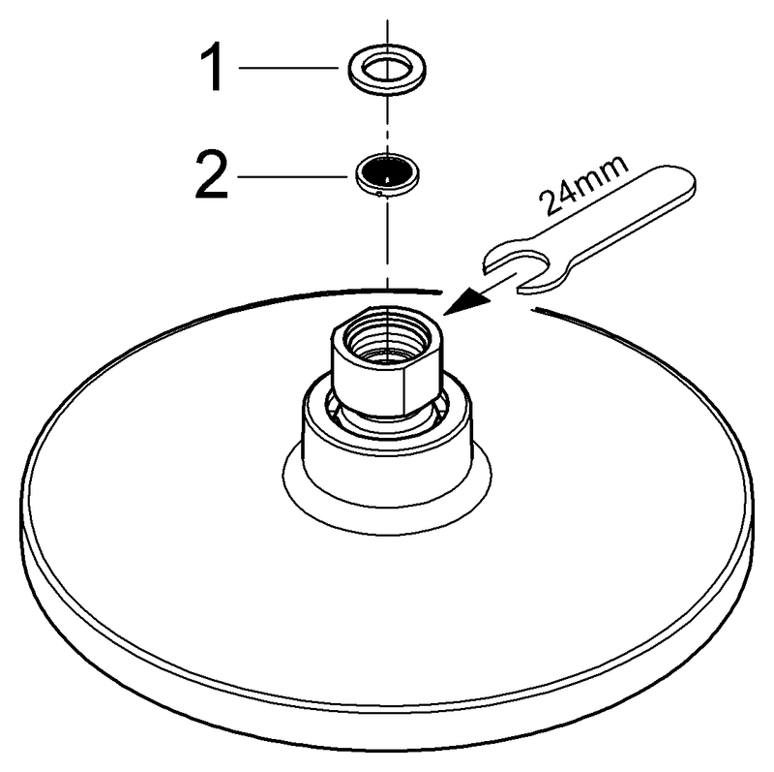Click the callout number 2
(212, 175)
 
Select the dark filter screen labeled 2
(388, 170)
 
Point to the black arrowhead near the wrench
(465, 300)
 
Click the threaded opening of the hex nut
(387, 337)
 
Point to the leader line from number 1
(288, 68)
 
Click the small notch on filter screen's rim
(379, 194)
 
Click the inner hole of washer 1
(387, 68)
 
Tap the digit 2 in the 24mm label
(551, 202)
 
